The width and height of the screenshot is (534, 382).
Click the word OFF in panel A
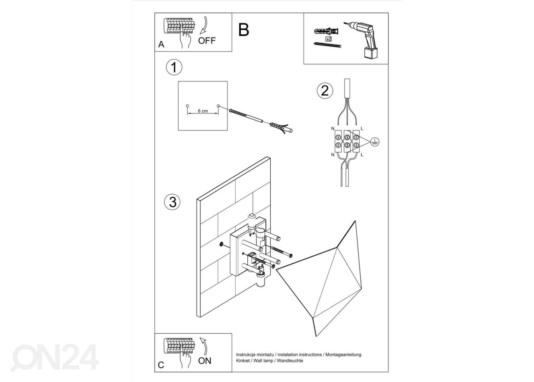pyautogui.click(x=207, y=41)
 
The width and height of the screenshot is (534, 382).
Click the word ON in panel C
pyautogui.click(x=205, y=361)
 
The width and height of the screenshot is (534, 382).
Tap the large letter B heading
pyautogui.click(x=244, y=30)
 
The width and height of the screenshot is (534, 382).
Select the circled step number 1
pyautogui.click(x=174, y=68)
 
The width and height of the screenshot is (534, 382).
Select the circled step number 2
pyautogui.click(x=325, y=90)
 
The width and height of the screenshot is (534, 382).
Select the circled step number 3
pyautogui.click(x=172, y=202)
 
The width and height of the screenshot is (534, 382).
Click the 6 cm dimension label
pyautogui.click(x=203, y=111)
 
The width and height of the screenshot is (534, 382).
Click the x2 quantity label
pyautogui.click(x=328, y=38)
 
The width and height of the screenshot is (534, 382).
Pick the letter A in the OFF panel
pyautogui.click(x=161, y=45)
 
